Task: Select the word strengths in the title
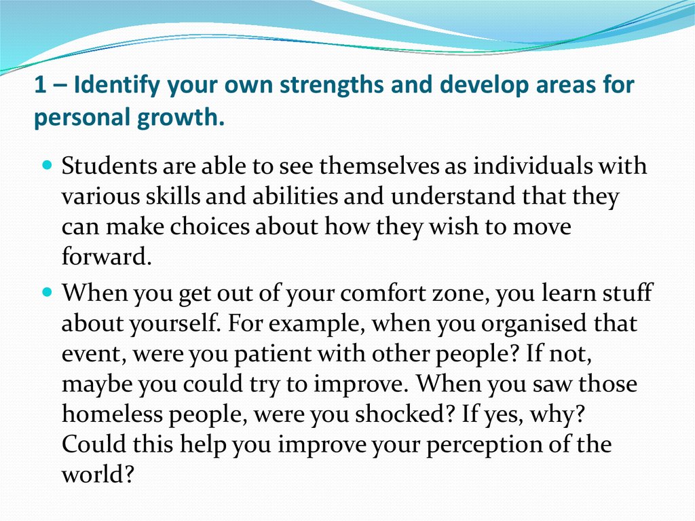tap(331, 84)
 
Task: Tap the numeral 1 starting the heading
tap(40, 84)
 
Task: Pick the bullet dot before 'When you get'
tap(48, 293)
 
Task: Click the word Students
tap(109, 166)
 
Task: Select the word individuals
tap(532, 166)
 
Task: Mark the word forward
tap(107, 257)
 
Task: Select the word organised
tap(533, 324)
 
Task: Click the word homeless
tap(113, 414)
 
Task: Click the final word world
tap(98, 474)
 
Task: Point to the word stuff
tap(627, 293)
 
